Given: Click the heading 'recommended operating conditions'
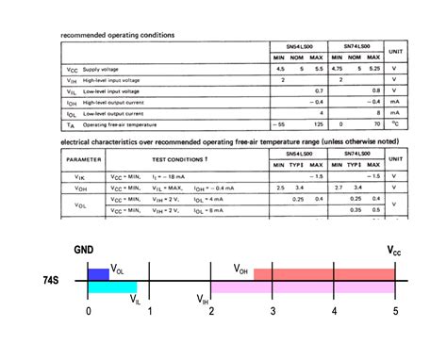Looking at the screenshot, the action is tap(118, 36).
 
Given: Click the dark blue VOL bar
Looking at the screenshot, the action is tap(98, 274).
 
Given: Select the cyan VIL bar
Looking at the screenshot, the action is tap(111, 286).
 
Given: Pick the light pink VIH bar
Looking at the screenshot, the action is tap(302, 286).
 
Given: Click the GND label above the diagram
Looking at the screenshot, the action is tap(84, 252).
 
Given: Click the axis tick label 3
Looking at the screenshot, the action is tap(273, 311).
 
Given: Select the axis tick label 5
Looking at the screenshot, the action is tap(395, 311).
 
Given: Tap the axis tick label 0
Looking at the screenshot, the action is tap(89, 311).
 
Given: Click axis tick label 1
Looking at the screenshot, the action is tap(149, 311).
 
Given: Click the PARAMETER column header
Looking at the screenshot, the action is tap(83, 159).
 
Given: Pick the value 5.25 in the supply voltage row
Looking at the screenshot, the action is tap(374, 70).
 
